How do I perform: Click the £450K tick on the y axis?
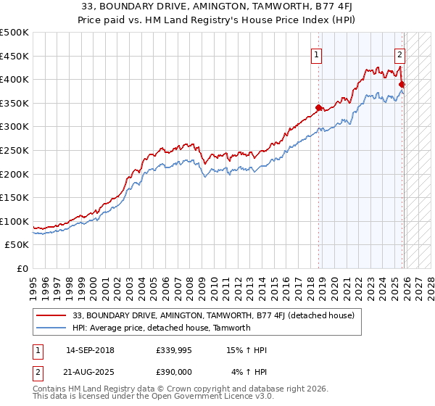14,56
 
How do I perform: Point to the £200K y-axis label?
14,174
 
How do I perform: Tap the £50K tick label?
17,245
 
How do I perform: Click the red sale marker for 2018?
318,108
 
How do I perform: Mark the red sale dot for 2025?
402,85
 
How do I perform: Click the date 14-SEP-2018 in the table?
90,350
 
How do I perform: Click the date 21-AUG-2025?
90,371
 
